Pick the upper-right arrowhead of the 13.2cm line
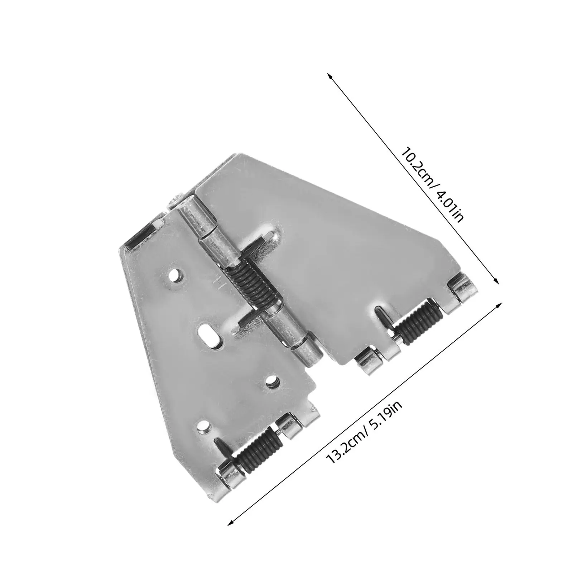(x=498, y=305)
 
